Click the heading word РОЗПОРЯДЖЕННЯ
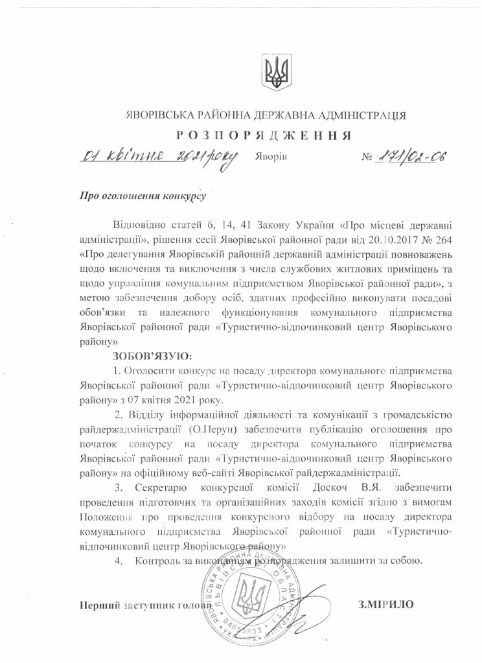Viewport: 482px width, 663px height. point(266,135)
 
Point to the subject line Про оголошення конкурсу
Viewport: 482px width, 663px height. point(143,194)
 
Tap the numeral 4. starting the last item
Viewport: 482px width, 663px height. point(119,561)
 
